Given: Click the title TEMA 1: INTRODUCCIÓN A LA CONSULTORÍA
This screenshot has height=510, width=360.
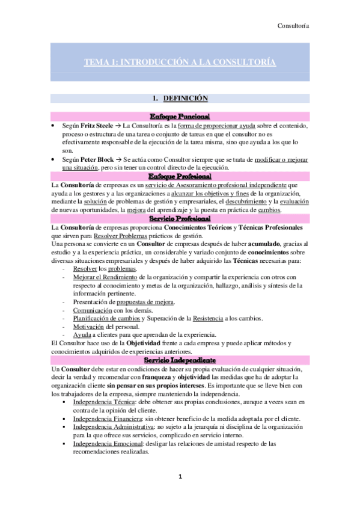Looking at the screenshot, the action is coord(180,63).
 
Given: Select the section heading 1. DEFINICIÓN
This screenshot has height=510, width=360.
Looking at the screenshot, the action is coord(180,98).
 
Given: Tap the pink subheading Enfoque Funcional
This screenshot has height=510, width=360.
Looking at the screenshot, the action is coord(180,115).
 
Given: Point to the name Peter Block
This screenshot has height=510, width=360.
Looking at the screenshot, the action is coord(100,158).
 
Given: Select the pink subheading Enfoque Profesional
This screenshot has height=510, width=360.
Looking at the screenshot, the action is coord(180,176).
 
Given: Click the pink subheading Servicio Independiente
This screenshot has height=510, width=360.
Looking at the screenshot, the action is coord(180,358).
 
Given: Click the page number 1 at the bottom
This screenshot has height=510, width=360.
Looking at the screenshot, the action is coord(179,476).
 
